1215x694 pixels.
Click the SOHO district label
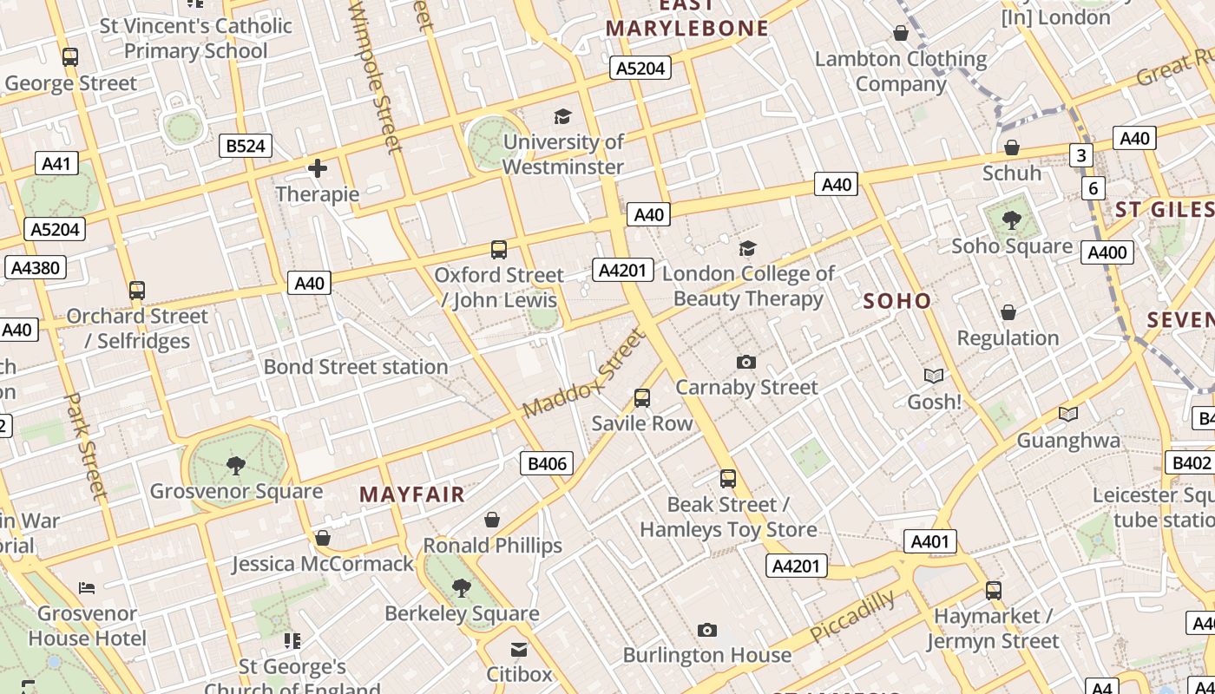coord(897,301)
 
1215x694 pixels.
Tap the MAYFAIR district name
coord(412,494)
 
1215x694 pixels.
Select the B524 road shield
coord(246,146)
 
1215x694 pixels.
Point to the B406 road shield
coord(548,463)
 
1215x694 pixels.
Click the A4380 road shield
coord(35,267)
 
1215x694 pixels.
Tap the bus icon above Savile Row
coord(642,398)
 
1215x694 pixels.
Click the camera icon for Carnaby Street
coord(746,362)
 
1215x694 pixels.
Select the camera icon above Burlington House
coord(707,630)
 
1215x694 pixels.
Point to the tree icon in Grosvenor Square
coord(235,467)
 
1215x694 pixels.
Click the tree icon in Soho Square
coord(1011,220)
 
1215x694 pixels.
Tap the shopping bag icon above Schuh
coord(1012,148)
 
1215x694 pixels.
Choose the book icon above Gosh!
coord(934,376)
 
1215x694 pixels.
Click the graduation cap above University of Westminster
coord(563,117)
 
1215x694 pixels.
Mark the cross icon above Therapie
coord(318,168)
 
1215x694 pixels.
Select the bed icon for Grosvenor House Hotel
coord(87,588)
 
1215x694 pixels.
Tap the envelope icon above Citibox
coord(519,649)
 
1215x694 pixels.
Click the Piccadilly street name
coord(852,616)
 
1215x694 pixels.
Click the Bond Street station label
coord(356,367)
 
